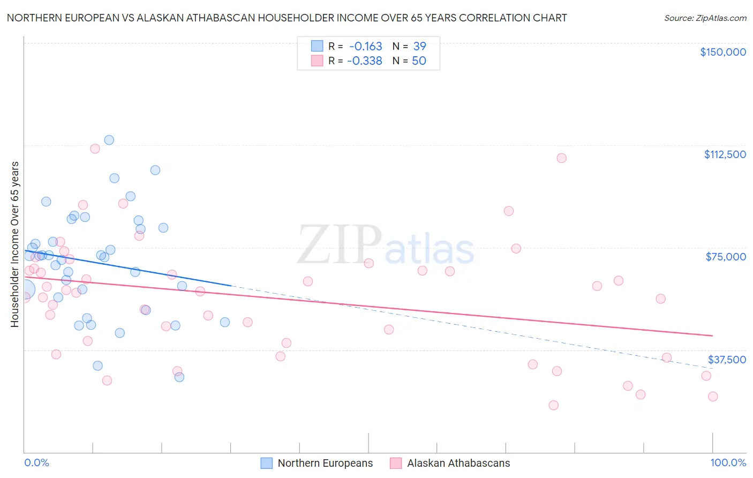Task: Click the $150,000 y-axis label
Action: pos(722,52)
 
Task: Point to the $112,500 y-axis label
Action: pos(725,154)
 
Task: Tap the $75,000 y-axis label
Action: pos(726,257)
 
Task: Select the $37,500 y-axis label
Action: pos(727,360)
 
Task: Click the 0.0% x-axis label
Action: pos(36,462)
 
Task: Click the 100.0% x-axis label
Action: pos(728,462)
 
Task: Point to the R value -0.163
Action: pos(365,47)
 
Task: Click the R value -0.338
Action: pos(364,61)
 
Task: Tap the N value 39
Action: pos(419,47)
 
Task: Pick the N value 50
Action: pos(419,61)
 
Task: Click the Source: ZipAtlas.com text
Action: pos(705,18)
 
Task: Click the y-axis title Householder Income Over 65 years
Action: pos(15,244)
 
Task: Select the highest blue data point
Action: pos(109,140)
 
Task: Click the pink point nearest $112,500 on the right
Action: pos(561,158)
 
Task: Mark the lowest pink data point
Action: pos(553,405)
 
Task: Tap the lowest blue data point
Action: pos(179,377)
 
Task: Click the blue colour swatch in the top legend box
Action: pos(317,47)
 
